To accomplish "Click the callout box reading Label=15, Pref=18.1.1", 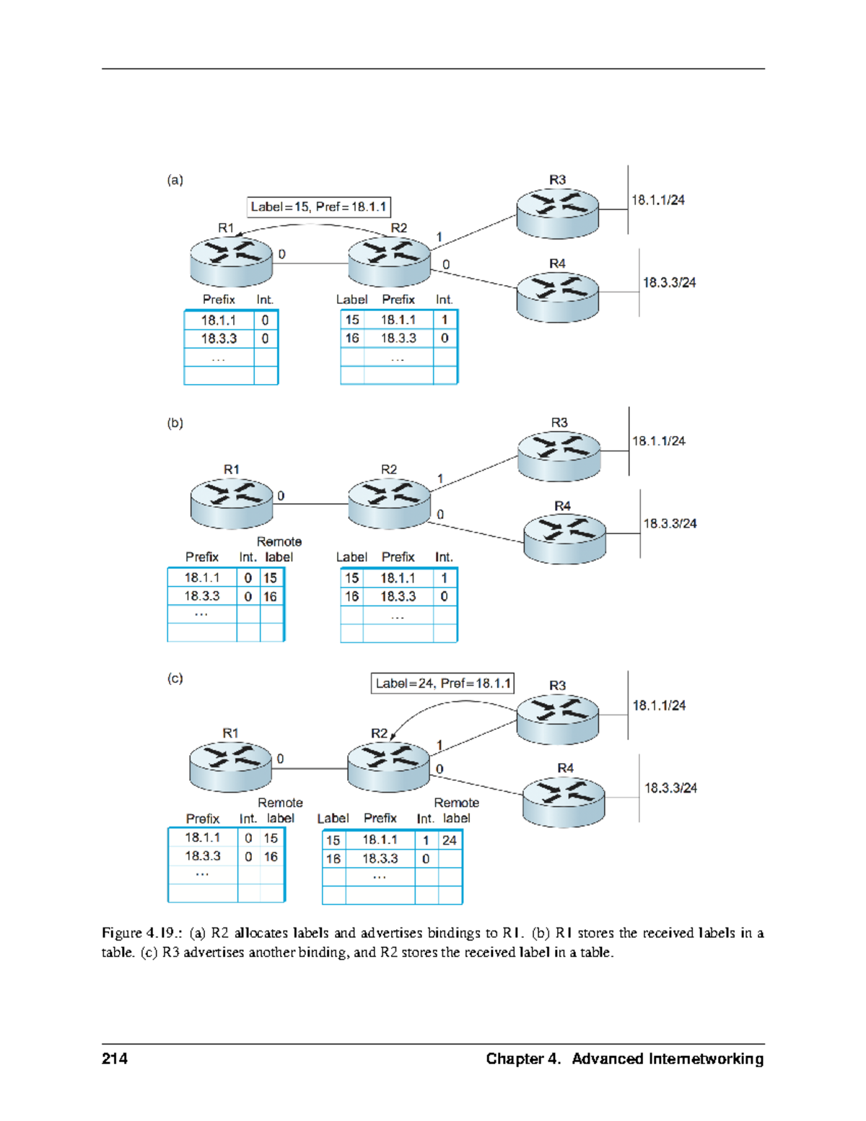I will coord(318,207).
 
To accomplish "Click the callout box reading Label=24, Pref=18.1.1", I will coord(442,683).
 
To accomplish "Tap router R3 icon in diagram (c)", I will coord(557,718).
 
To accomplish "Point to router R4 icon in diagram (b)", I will coord(564,538).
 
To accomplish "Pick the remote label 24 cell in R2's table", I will coord(450,840).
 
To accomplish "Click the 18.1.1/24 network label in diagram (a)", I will coord(657,200).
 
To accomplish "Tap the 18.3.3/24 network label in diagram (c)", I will coord(670,788).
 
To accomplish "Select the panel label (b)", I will coord(175,423).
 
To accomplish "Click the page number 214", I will coord(115,1058).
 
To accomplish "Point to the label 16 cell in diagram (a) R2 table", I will coord(351,338).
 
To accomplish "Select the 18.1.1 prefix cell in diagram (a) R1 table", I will coord(219,320).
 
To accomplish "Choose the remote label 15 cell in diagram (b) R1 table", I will coord(270,577).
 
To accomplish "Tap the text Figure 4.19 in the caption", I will coord(141,933).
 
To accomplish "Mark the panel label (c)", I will coord(175,679).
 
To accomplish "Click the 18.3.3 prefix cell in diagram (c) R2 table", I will coord(380,858).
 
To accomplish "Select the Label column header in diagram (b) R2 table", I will coord(351,557).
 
